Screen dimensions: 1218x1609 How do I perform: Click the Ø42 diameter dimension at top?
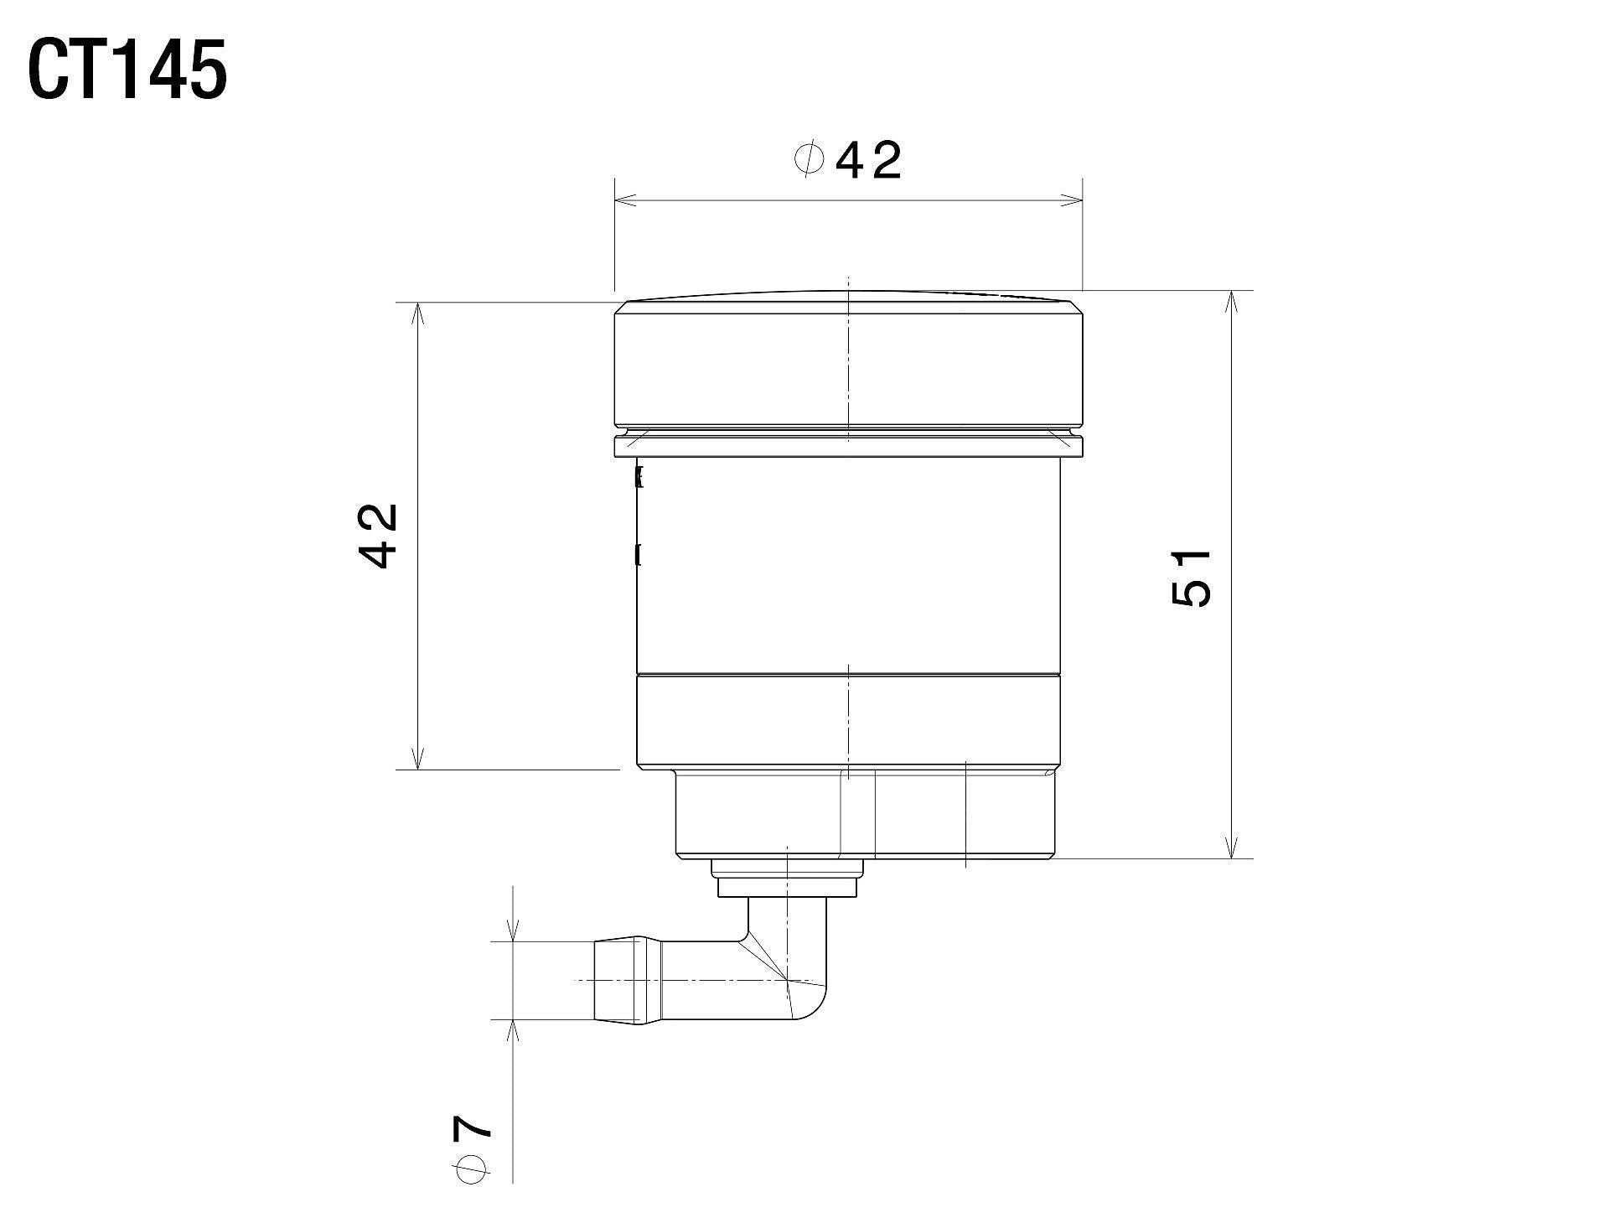point(848,160)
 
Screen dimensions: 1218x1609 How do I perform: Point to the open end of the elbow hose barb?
point(597,980)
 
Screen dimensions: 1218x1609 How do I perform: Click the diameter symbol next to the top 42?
point(809,159)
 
